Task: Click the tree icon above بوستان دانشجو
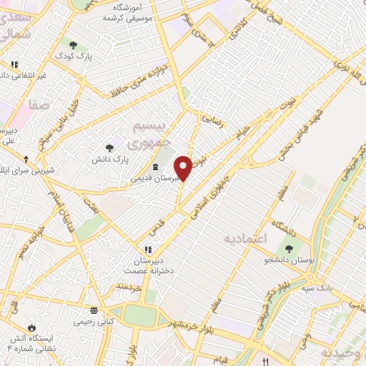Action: click(x=289, y=249)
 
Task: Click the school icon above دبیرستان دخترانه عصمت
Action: click(x=148, y=249)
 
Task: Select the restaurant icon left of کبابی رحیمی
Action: click(x=94, y=310)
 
